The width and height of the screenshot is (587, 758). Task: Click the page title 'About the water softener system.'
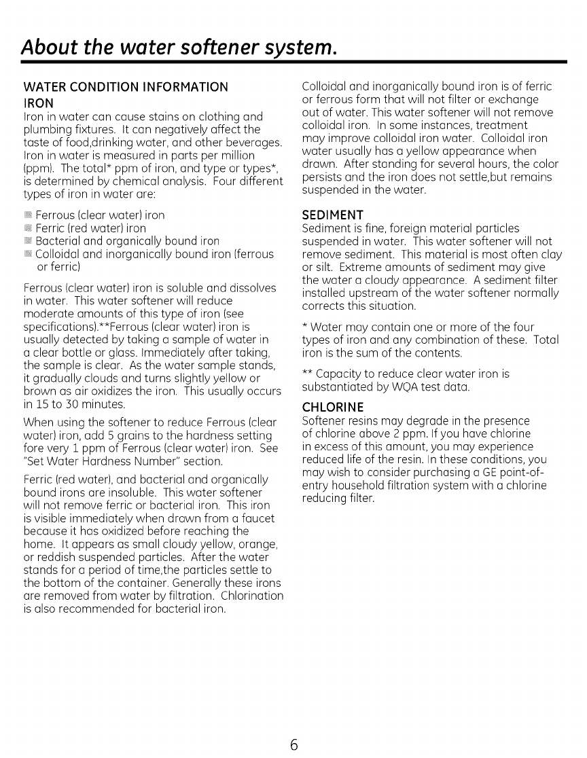point(179,48)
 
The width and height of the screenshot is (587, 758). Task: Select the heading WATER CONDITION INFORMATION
point(126,87)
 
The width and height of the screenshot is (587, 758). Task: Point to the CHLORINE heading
point(333,408)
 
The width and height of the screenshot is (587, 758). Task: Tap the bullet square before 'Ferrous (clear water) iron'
point(29,215)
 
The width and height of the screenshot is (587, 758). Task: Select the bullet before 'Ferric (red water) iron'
point(29,228)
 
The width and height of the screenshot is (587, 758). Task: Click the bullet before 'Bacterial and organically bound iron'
point(29,241)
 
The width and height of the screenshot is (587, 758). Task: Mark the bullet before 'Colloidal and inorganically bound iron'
point(29,254)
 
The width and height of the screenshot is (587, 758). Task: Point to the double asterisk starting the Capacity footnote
point(307,374)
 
